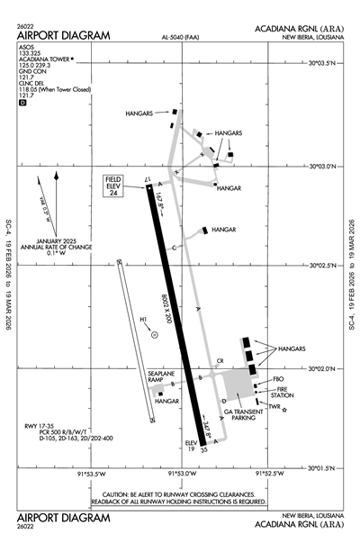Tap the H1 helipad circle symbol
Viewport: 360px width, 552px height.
(x=155, y=333)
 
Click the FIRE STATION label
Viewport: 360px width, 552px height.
(x=283, y=393)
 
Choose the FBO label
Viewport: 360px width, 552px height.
(x=278, y=381)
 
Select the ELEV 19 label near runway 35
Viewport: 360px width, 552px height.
(x=192, y=448)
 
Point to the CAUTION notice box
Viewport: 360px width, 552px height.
(x=184, y=498)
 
